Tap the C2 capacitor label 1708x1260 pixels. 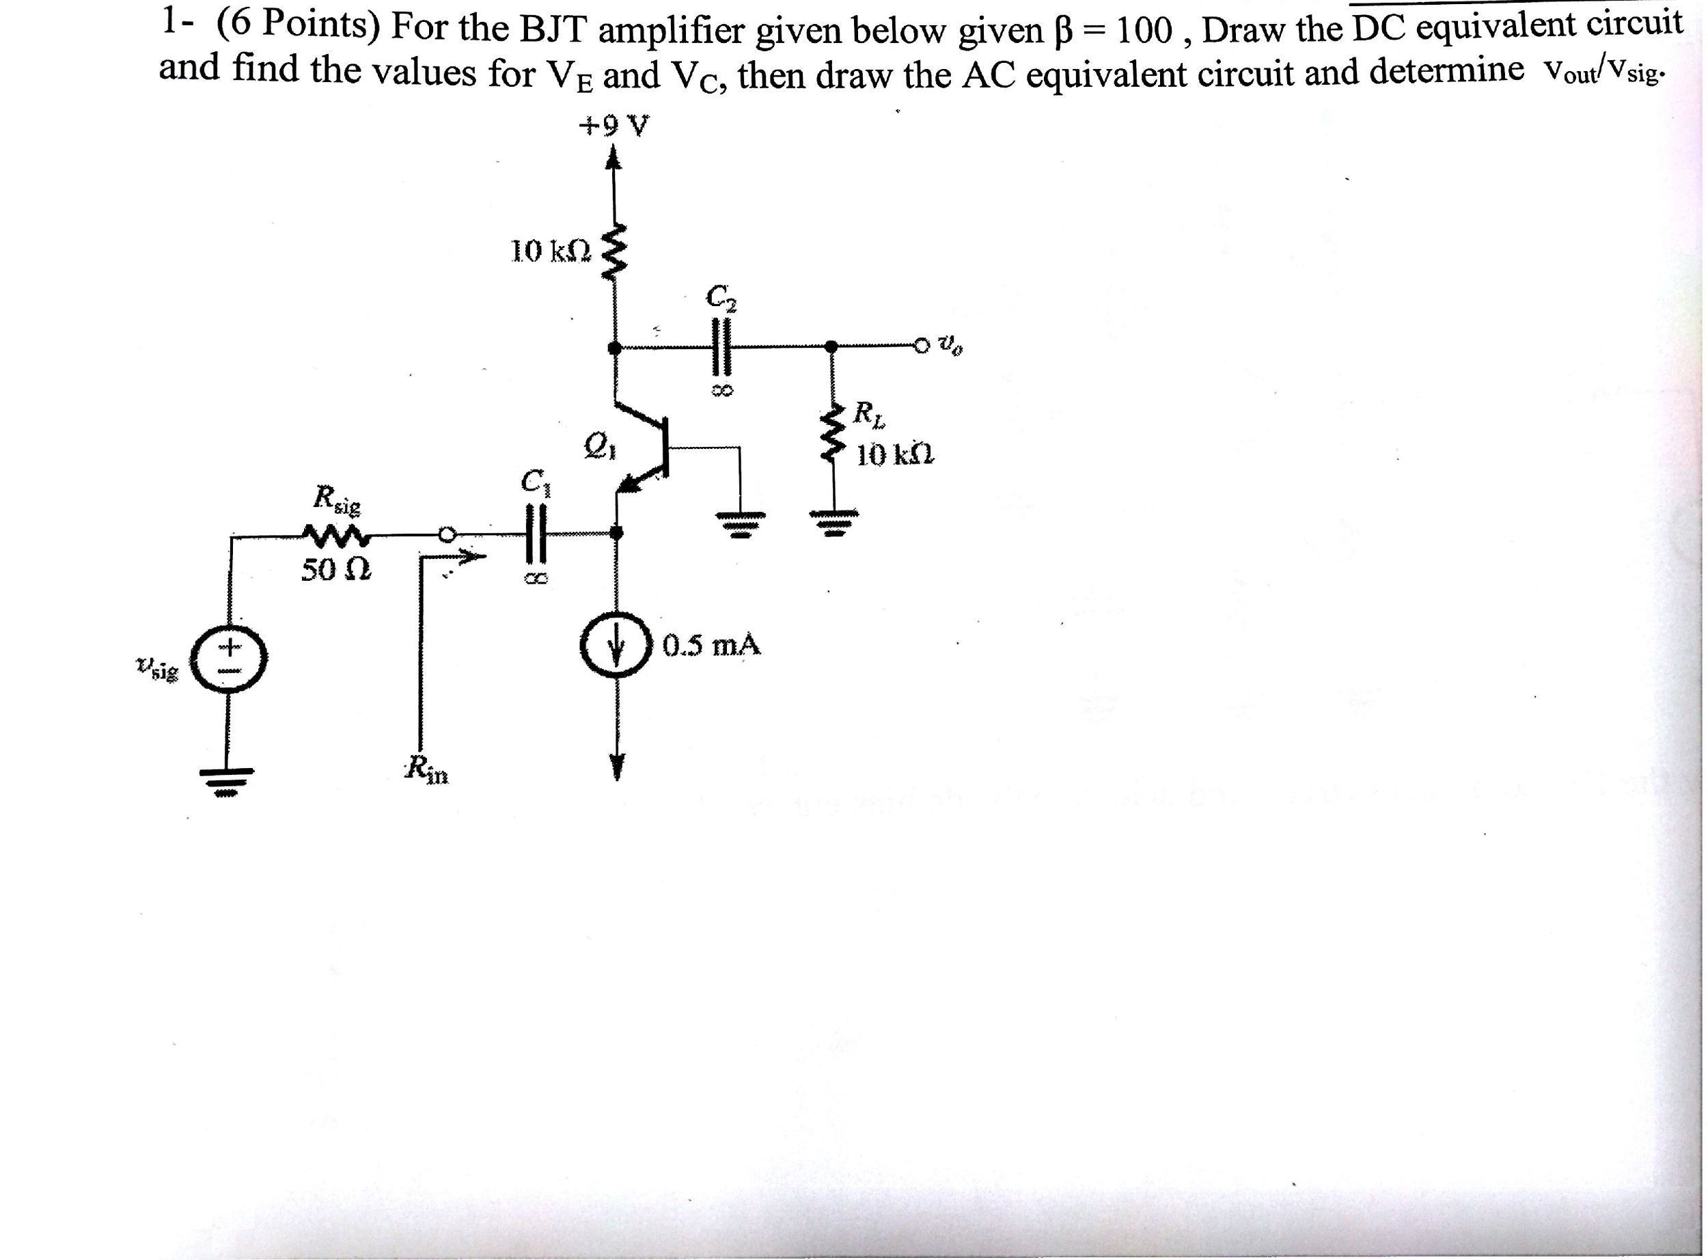(x=721, y=298)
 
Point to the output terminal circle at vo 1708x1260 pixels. (x=924, y=346)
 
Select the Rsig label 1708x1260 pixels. (x=337, y=499)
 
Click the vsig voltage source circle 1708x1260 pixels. (x=229, y=661)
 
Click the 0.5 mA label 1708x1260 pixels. (x=711, y=646)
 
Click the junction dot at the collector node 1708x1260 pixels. (x=613, y=348)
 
